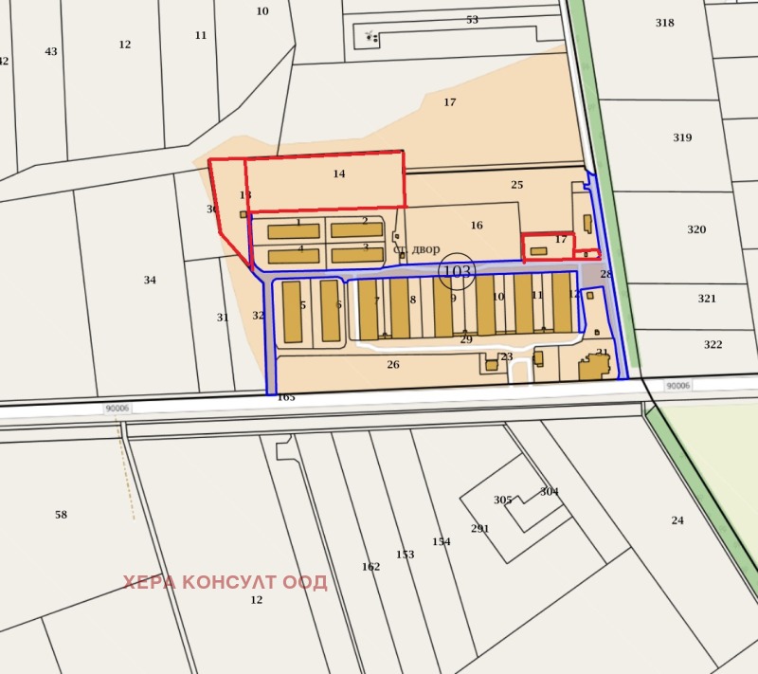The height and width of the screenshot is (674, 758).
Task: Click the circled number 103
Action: [458, 271]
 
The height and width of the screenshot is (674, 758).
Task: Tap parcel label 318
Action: [665, 23]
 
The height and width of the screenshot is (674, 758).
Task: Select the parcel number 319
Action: [682, 137]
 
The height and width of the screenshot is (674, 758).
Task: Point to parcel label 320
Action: [696, 229]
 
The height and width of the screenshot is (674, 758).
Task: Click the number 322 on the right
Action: [713, 344]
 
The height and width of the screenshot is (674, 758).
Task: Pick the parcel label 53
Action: [472, 20]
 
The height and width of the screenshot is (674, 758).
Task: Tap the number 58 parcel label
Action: [62, 515]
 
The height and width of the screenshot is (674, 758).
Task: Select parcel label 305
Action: [502, 500]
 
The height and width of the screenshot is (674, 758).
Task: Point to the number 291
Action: [480, 528]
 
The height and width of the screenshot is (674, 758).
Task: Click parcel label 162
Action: [370, 567]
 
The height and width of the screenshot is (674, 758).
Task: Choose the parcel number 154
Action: [442, 541]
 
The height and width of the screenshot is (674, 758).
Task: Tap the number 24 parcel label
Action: [677, 520]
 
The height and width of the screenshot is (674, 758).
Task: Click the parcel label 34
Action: [150, 280]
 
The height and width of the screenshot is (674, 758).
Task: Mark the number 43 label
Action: [51, 51]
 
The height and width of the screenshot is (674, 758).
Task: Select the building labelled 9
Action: [443, 307]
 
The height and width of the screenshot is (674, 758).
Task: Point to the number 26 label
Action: [393, 364]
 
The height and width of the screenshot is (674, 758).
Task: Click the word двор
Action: [425, 248]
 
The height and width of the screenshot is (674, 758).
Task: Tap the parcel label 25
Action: [516, 184]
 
